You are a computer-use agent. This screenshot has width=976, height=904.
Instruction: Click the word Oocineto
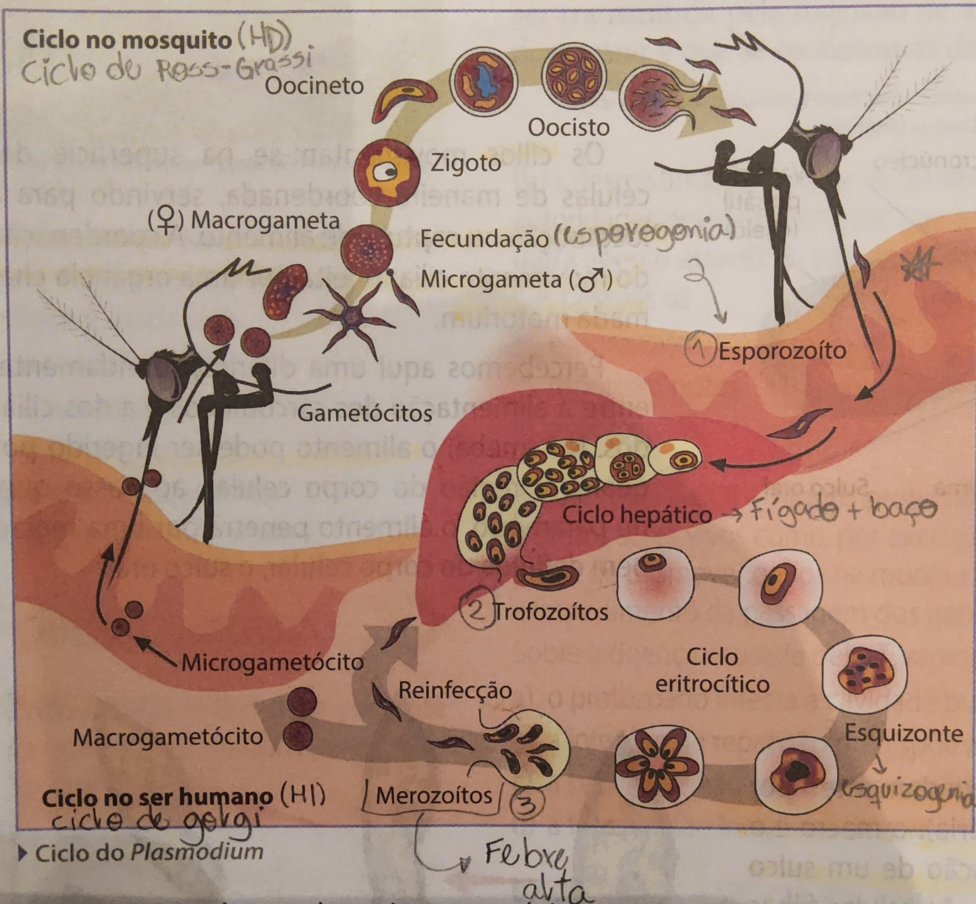point(314,86)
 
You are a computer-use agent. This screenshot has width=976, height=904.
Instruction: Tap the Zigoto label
point(465,163)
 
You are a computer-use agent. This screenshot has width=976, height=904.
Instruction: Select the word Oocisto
point(568,128)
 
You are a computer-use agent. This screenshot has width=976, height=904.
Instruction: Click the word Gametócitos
point(364,414)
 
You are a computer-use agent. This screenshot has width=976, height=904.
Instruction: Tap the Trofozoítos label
point(552,612)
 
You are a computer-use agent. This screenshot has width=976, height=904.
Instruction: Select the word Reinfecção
point(455,690)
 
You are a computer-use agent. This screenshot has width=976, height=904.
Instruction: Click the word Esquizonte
point(903,734)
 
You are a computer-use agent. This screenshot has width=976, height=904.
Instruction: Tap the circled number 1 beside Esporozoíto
point(700,349)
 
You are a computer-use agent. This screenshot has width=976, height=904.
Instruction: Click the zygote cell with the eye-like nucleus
point(387,172)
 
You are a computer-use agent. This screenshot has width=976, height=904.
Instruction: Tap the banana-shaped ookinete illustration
point(401,98)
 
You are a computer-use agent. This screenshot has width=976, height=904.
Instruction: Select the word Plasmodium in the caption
point(197,851)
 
